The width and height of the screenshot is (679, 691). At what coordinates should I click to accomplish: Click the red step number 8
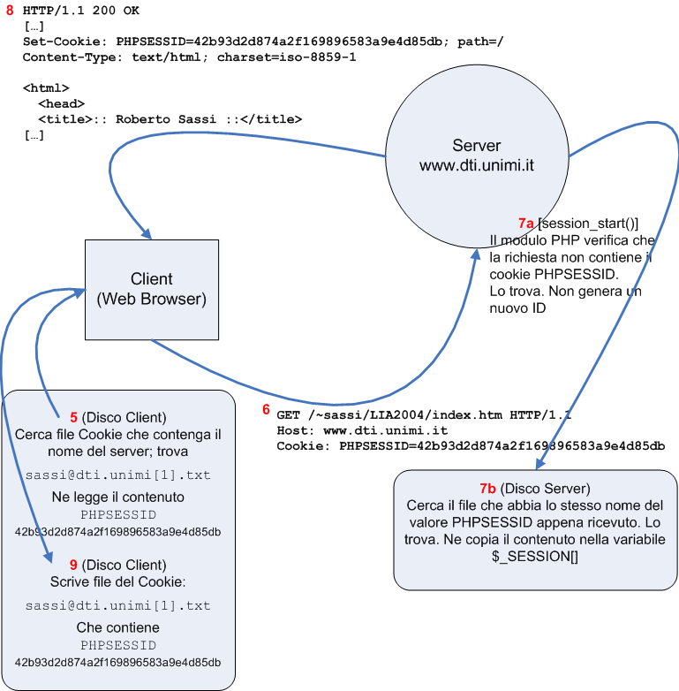coord(11,11)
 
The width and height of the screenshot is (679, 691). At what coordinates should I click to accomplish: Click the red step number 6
coord(266,410)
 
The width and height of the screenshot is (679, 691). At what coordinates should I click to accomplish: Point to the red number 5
coord(73,417)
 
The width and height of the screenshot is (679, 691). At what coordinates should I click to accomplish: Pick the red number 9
coord(73,564)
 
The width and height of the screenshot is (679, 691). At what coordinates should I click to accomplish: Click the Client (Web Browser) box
coord(151,289)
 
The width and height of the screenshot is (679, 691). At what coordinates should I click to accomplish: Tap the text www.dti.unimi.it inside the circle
coord(476,165)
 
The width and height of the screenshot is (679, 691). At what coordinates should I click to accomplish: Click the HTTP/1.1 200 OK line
coord(80,11)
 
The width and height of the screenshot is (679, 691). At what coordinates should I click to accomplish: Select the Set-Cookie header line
coord(263,42)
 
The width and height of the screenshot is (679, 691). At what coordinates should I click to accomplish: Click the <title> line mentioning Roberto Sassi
coord(170,118)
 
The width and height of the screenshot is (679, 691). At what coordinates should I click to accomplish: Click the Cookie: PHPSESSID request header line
coord(471,446)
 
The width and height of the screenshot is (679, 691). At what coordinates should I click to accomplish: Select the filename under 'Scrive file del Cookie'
coord(117,605)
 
